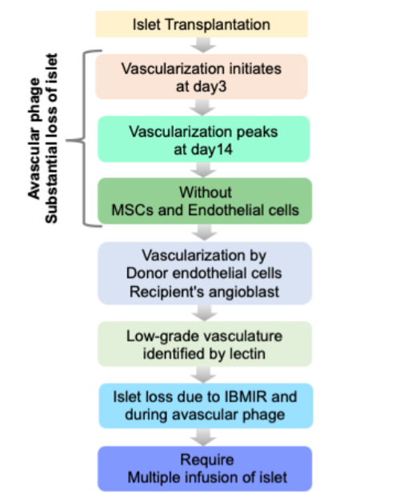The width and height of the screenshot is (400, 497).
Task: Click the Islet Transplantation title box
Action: [x=201, y=24]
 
